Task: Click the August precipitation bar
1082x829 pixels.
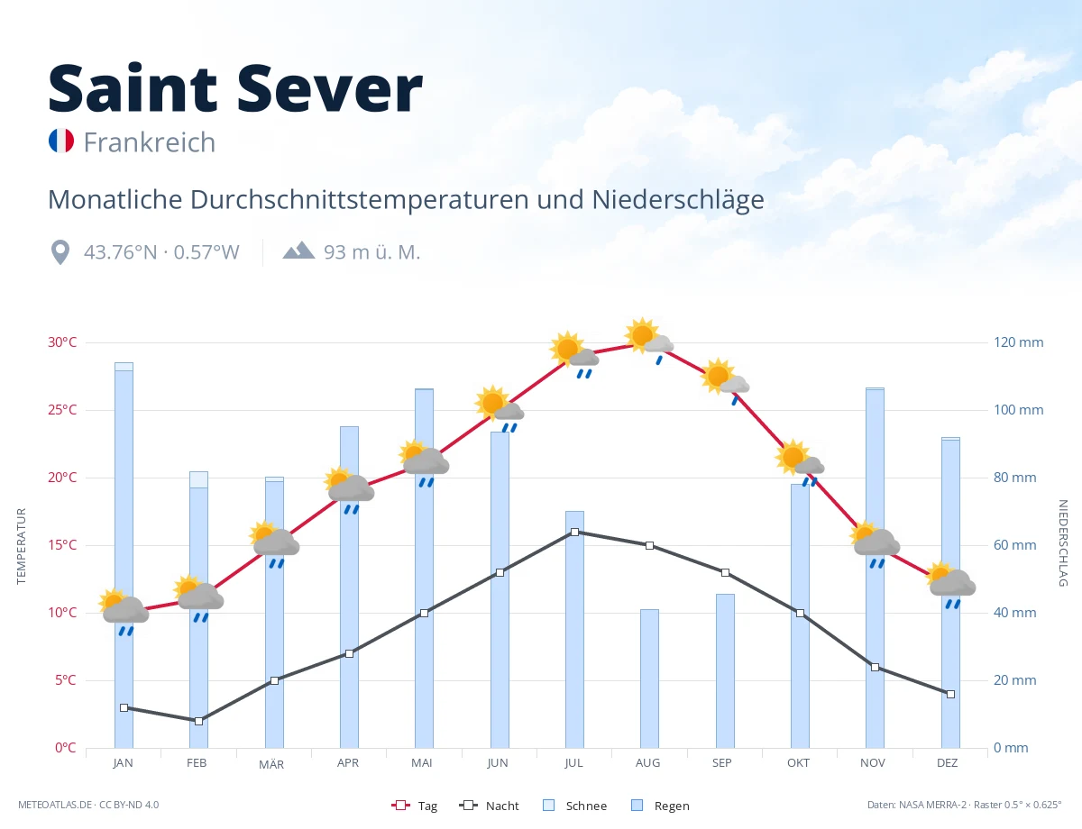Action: click(649, 679)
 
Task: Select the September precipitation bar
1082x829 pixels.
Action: click(725, 670)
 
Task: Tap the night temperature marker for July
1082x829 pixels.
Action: click(574, 532)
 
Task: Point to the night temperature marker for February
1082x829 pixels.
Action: click(198, 721)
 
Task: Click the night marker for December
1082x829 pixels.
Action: click(950, 694)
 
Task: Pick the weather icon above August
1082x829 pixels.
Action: click(649, 340)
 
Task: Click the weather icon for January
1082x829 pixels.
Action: click(124, 612)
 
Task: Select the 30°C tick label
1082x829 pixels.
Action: click(62, 342)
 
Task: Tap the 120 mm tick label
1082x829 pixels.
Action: click(1018, 342)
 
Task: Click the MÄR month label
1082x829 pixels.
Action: click(271, 764)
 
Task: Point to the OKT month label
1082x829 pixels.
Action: click(798, 763)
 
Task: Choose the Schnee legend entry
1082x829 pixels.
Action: click(575, 806)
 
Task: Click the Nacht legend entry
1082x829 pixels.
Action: click(489, 806)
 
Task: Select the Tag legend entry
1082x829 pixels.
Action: click(414, 806)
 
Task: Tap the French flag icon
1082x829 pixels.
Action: click(61, 141)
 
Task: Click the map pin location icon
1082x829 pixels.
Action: click(60, 252)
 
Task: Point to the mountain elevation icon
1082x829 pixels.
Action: click(298, 251)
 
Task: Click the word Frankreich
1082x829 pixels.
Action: click(150, 142)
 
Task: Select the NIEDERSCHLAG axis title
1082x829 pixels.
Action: click(1062, 542)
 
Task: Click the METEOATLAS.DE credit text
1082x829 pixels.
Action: click(55, 805)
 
